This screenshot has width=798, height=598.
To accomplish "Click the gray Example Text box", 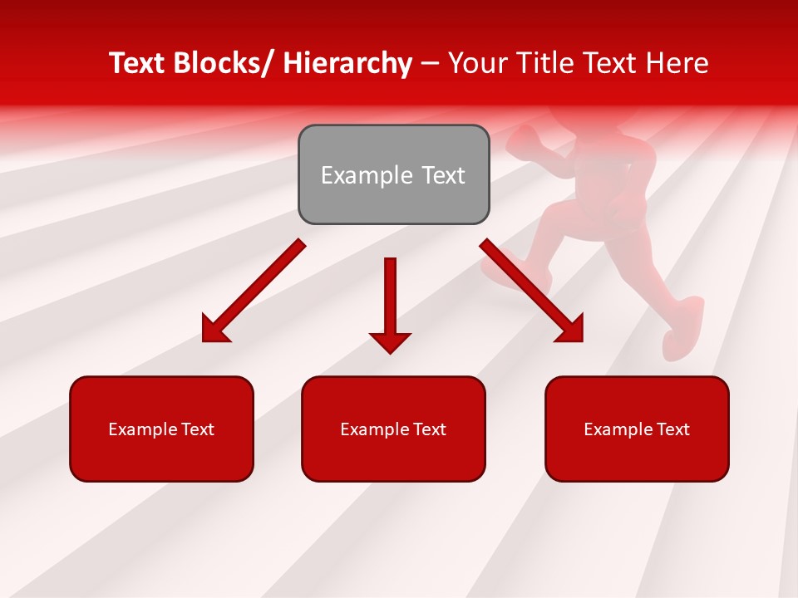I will (393, 174).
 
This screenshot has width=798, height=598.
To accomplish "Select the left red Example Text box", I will (161, 429).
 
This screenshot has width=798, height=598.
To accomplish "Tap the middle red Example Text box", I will (393, 429).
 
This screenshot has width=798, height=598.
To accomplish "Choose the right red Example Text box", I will (637, 429).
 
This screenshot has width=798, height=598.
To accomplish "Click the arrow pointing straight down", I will (390, 303).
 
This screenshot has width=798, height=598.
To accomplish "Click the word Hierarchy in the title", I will (347, 63).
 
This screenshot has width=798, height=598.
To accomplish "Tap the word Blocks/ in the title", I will (224, 63).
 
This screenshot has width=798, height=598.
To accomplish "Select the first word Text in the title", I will (138, 63).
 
